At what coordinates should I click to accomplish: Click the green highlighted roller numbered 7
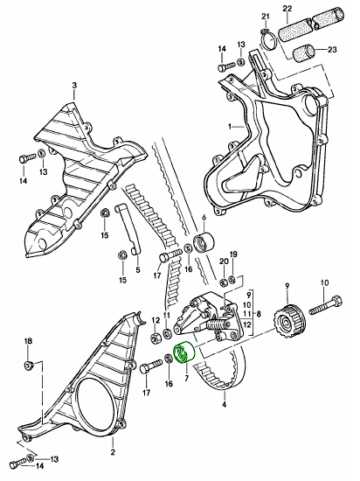point(184,352)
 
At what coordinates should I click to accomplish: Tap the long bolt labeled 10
point(325,306)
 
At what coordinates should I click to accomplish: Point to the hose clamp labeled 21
point(269,41)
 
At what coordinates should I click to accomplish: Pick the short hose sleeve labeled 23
point(304,53)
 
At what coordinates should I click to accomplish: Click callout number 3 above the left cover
point(74,85)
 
